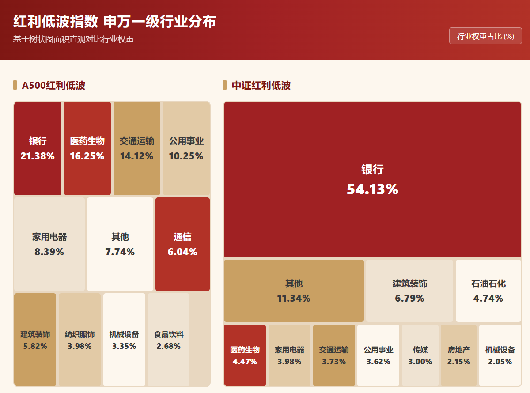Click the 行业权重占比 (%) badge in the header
pyautogui.click(x=485, y=36)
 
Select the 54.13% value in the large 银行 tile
pyautogui.click(x=372, y=189)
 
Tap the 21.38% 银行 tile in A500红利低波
pyautogui.click(x=38, y=148)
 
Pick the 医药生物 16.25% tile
pyautogui.click(x=87, y=148)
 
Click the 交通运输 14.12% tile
pyautogui.click(x=137, y=148)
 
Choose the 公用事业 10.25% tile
pyautogui.click(x=186, y=148)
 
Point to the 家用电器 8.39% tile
pyautogui.click(x=49, y=244)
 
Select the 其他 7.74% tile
pyautogui.click(x=120, y=244)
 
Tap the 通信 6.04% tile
pyautogui.click(x=182, y=244)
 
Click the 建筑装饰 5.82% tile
pyautogui.click(x=35, y=340)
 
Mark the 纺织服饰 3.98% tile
pyautogui.click(x=79, y=340)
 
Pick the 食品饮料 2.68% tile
pyautogui.click(x=168, y=340)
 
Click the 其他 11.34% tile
pyautogui.click(x=294, y=291)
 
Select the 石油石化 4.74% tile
pyautogui.click(x=488, y=291)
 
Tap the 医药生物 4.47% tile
pyautogui.click(x=245, y=355)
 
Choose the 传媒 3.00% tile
pyautogui.click(x=420, y=355)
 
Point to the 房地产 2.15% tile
pyautogui.click(x=459, y=355)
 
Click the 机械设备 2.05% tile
pyautogui.click(x=500, y=355)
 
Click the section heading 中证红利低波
pyautogui.click(x=261, y=85)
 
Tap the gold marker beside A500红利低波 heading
pyautogui.click(x=15, y=85)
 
